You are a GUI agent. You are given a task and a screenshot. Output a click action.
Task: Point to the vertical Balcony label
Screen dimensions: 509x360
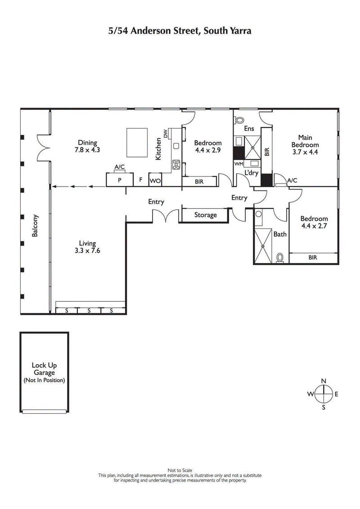click(35, 225)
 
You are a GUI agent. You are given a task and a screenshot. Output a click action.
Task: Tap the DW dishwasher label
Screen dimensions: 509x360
click(166, 134)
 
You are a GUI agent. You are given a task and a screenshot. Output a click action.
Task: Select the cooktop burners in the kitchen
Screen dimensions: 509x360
click(176, 165)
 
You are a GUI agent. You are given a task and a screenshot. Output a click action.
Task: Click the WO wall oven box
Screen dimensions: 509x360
click(155, 180)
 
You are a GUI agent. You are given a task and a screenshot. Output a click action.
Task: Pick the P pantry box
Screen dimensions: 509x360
click(120, 180)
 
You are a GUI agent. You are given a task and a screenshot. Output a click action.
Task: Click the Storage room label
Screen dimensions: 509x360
click(205, 215)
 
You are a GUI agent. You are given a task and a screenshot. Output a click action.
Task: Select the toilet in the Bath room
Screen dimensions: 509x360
click(280, 258)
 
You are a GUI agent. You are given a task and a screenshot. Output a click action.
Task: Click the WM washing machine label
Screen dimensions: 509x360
click(238, 165)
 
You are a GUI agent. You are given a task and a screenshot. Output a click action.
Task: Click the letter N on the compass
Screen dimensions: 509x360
click(323, 381)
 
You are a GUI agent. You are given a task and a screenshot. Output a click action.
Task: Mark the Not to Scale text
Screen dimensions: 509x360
click(180, 470)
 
